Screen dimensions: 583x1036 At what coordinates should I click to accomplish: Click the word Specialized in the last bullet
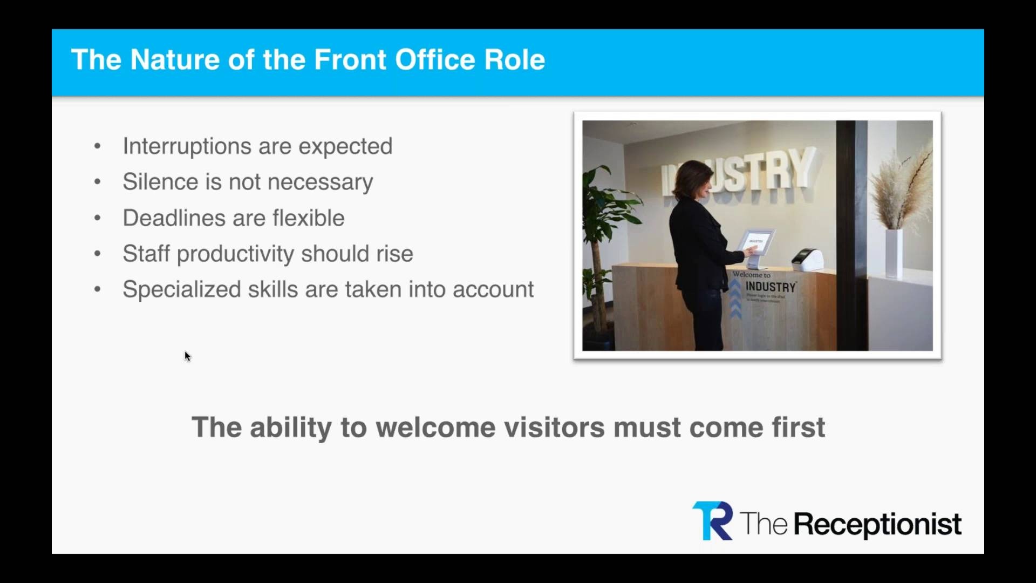[180, 290]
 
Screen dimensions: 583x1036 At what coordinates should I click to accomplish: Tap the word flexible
[308, 218]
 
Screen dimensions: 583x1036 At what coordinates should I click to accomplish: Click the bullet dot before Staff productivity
[97, 254]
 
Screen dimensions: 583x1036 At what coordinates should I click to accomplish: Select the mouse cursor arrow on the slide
[187, 356]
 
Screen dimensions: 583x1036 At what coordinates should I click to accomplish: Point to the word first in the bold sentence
[798, 428]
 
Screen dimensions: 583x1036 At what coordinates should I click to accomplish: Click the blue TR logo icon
[712, 521]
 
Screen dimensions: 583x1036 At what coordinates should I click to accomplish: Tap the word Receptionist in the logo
[877, 524]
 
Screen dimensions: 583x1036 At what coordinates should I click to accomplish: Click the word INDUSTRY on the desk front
[771, 287]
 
